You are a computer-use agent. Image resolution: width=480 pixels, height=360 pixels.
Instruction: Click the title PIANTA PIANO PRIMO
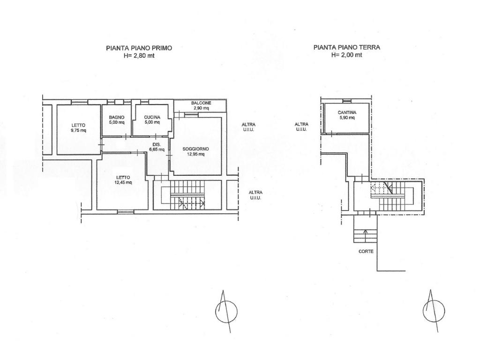pos(139,48)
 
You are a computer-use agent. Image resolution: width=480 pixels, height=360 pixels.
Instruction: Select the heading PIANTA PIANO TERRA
pos(347,47)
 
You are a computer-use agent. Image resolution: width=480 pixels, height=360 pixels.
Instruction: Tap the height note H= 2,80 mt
pos(139,56)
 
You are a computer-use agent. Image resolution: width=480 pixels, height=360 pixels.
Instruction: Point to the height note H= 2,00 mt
pos(347,55)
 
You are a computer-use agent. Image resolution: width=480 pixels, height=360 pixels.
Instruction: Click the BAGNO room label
pos(117,117)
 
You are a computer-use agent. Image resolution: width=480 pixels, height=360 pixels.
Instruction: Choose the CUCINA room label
pos(152,117)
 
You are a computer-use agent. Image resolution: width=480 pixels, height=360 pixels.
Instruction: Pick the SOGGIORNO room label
pos(195,149)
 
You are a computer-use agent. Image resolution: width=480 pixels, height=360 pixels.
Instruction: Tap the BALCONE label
pos(201,103)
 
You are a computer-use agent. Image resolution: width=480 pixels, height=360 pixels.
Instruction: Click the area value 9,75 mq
pos(78,130)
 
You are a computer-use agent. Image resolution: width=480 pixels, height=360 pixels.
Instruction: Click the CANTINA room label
pos(347,112)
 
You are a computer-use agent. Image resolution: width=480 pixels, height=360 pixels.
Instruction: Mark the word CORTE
pos(366,252)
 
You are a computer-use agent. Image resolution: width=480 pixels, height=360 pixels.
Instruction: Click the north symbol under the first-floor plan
pos(226,311)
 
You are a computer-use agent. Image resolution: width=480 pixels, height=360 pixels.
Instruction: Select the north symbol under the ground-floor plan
pos(434,311)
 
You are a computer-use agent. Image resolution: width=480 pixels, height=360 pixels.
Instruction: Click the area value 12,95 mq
pos(195,154)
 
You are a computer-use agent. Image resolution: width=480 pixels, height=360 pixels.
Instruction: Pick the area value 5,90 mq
pos(347,118)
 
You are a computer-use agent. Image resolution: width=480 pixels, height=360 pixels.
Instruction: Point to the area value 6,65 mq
pos(157,150)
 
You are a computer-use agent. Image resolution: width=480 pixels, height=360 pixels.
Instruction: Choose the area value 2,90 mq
pos(201,108)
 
